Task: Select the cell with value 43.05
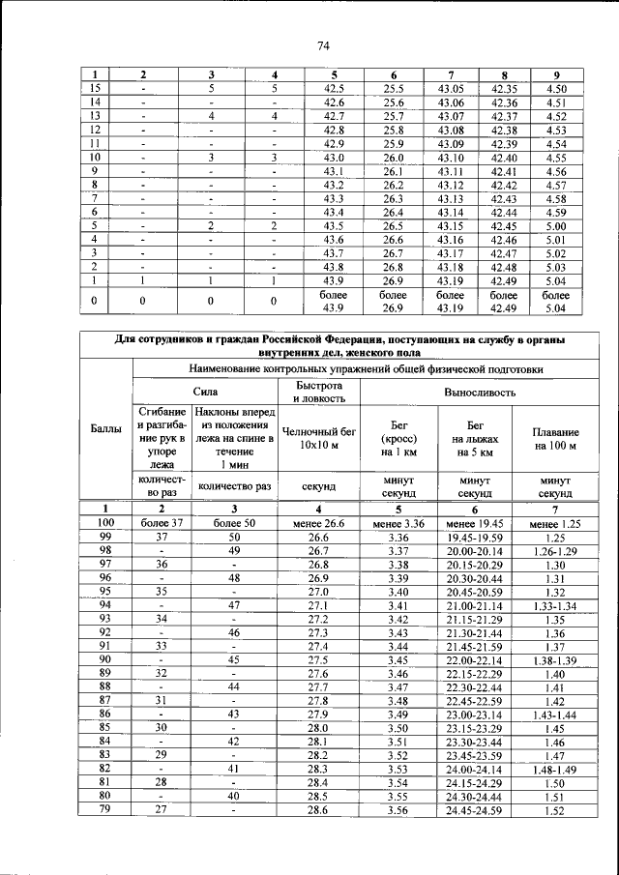pyautogui.click(x=451, y=88)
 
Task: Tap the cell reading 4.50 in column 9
pyautogui.click(x=555, y=88)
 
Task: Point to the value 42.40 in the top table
pyautogui.click(x=504, y=157)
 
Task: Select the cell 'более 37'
pyautogui.click(x=162, y=523)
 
